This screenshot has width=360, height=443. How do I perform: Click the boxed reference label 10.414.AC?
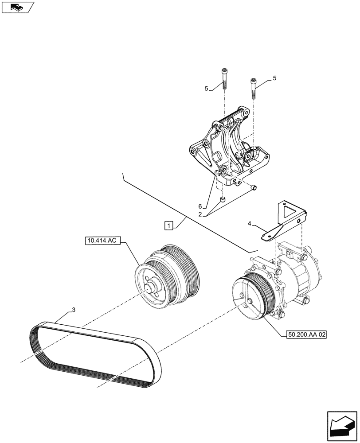tap(102, 241)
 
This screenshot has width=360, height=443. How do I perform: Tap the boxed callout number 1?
tap(168, 225)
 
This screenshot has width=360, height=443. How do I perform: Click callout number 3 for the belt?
tap(73, 310)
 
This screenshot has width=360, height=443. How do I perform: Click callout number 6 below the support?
tap(200, 206)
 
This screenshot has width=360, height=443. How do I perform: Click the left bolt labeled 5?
tap(224, 79)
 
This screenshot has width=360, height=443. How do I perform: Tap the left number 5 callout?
tap(207, 89)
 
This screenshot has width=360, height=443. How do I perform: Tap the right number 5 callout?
tap(274, 78)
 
